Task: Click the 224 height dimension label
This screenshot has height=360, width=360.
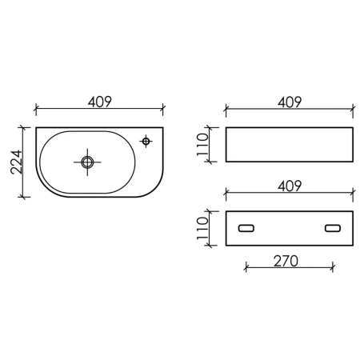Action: (17, 162)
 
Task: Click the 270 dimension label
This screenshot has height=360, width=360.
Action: (286, 261)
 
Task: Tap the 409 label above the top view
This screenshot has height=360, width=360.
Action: (100, 102)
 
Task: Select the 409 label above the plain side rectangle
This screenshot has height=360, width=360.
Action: (290, 102)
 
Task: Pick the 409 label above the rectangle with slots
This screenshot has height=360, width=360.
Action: (290, 186)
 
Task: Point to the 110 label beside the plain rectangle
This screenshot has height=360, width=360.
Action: (202, 145)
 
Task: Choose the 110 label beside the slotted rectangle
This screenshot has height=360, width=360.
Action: (202, 228)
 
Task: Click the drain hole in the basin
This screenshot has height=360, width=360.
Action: (87, 162)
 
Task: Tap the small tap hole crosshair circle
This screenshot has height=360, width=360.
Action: (146, 141)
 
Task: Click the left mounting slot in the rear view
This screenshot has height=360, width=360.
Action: (246, 228)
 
